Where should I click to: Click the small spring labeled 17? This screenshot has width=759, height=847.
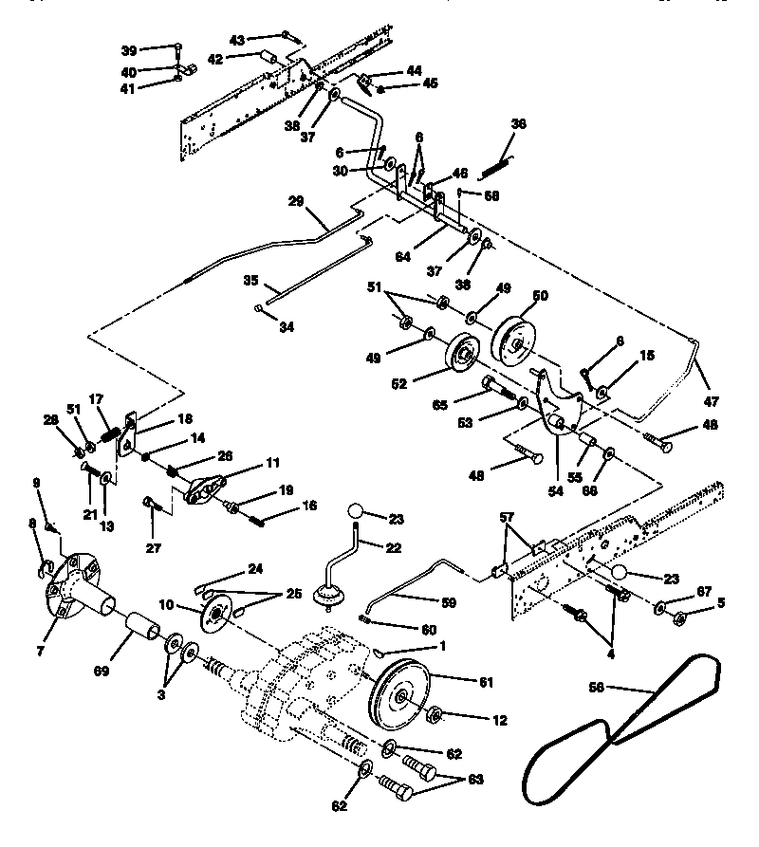[x=113, y=438]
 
